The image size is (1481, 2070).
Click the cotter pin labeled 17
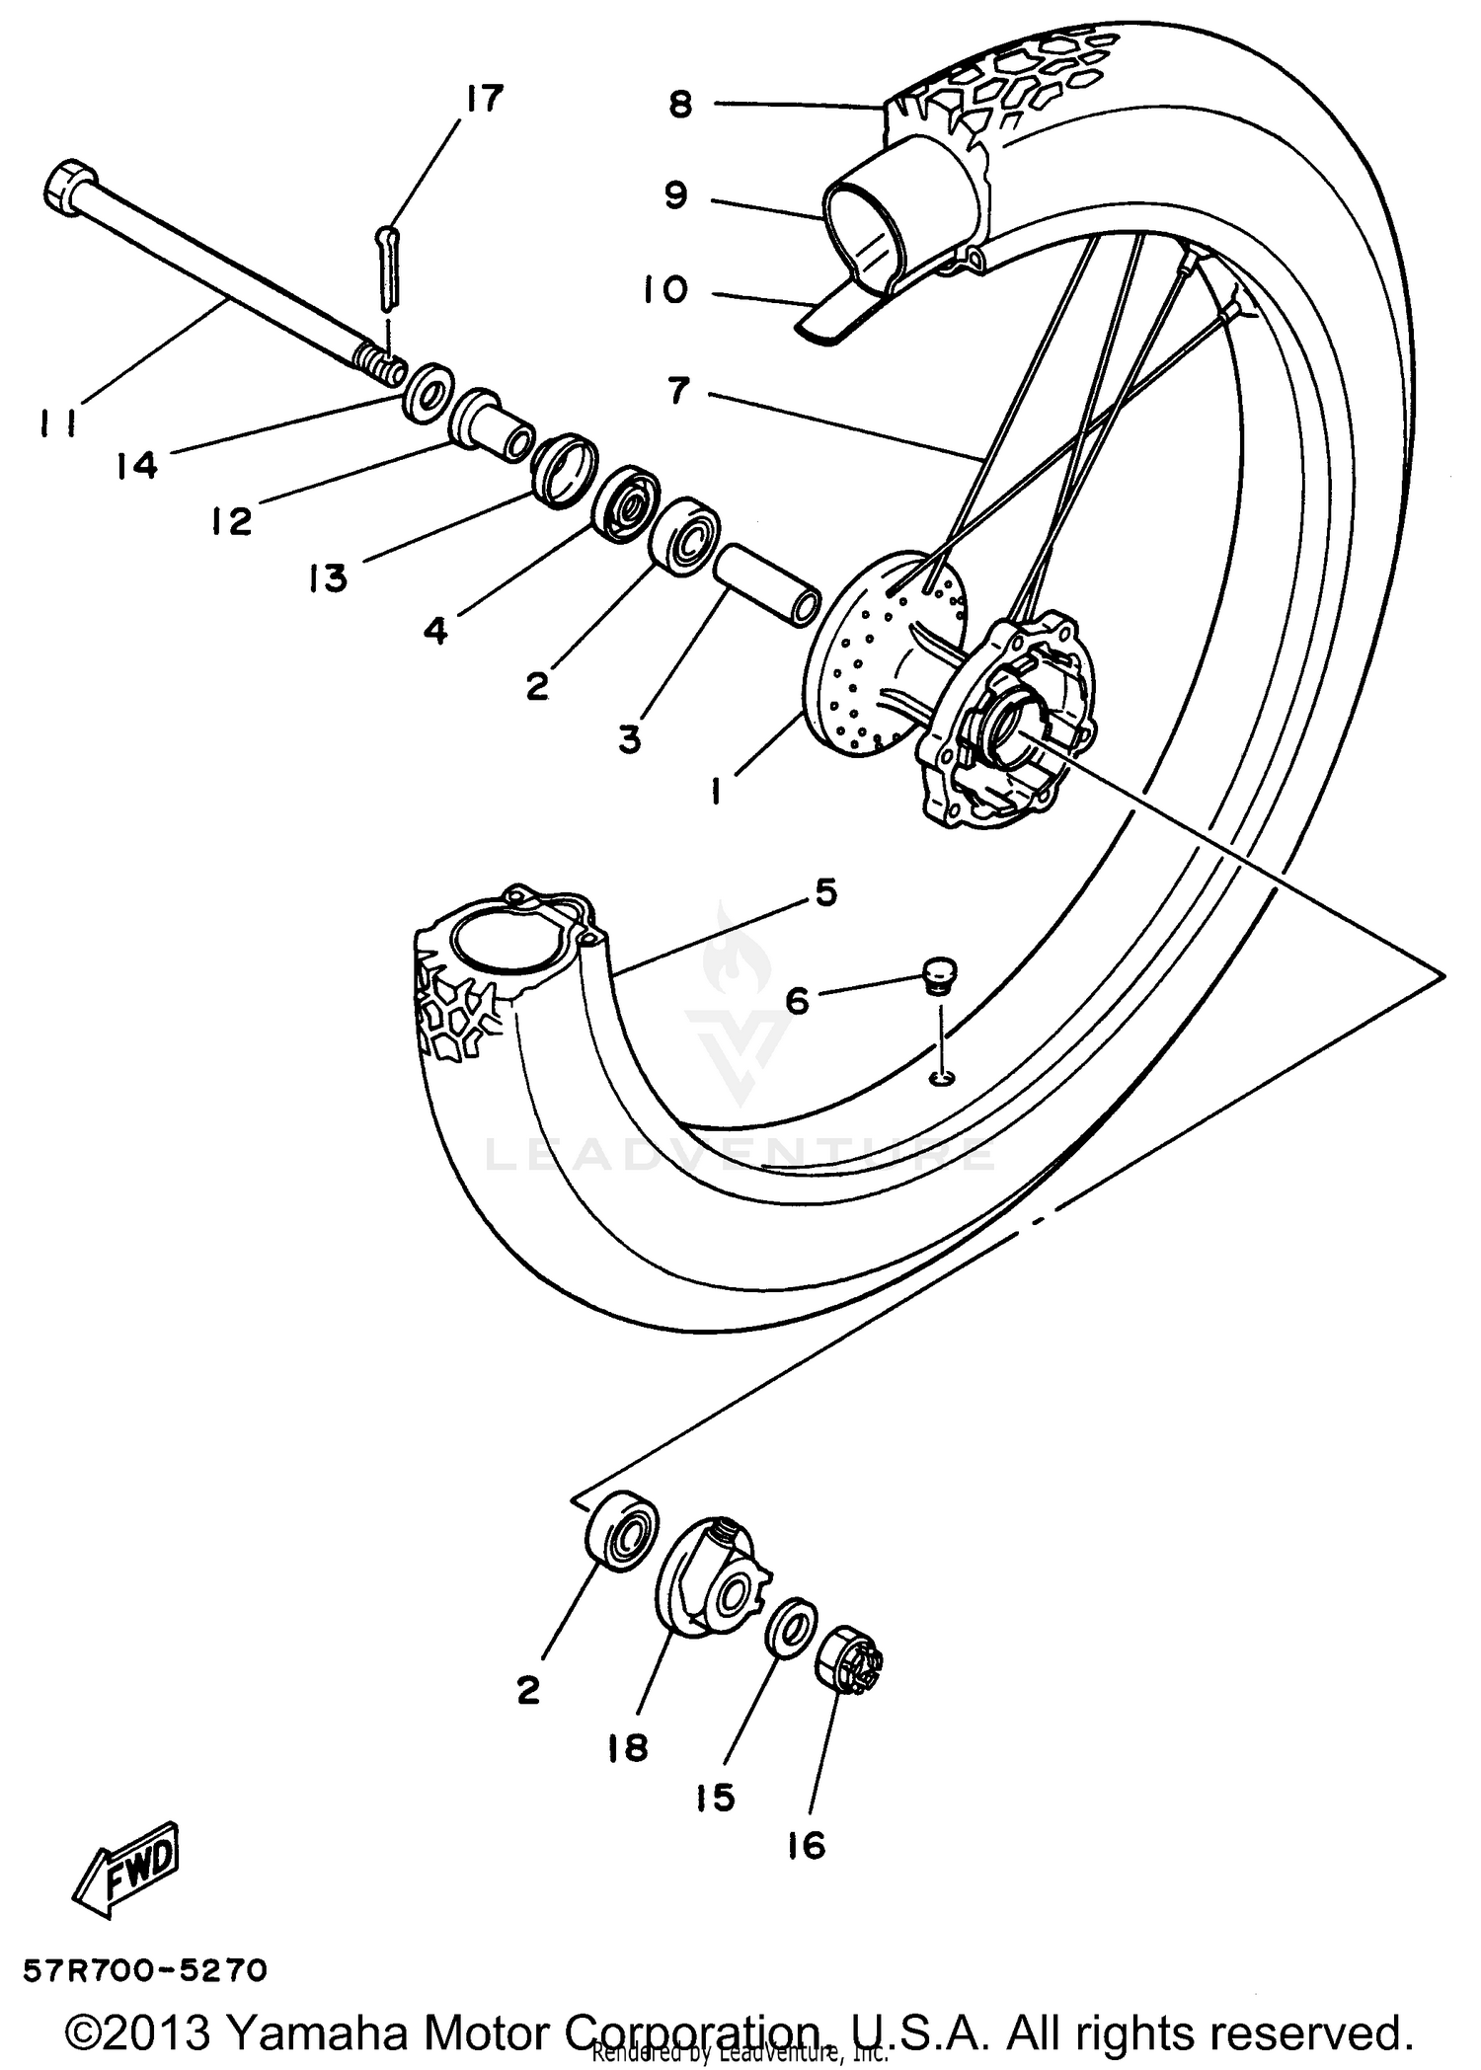386,268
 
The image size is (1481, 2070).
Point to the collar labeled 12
491,425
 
